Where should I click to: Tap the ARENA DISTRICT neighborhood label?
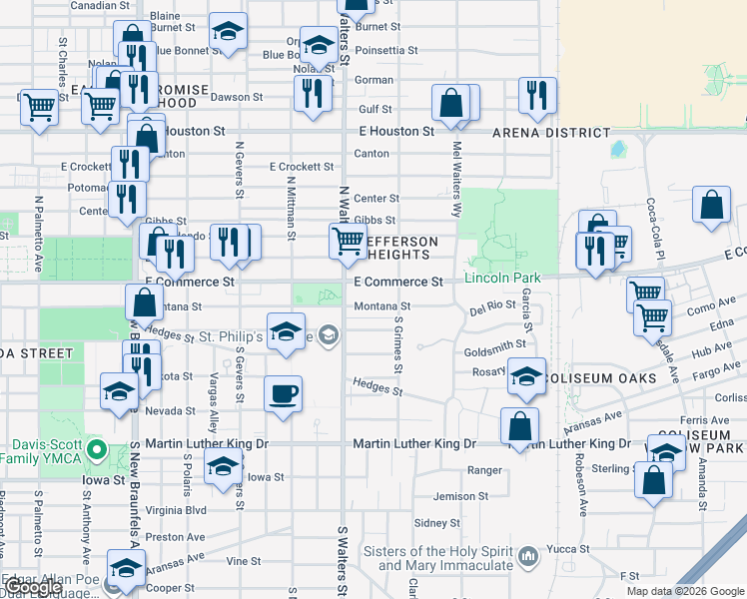pyautogui.click(x=551, y=132)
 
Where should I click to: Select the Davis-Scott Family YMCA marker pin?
pyautogui.click(x=96, y=450)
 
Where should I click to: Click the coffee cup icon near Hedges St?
pyautogui.click(x=283, y=392)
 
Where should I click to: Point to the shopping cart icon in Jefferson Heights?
pyautogui.click(x=348, y=241)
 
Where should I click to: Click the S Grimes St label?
pyautogui.click(x=397, y=345)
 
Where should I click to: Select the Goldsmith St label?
pyautogui.click(x=494, y=344)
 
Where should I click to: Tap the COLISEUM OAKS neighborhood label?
pyautogui.click(x=615, y=378)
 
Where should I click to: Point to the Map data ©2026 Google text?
pyautogui.click(x=685, y=591)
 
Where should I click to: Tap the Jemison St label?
pyautogui.click(x=460, y=496)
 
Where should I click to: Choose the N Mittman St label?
pyautogui.click(x=291, y=209)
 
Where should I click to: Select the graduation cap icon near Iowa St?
pyautogui.click(x=223, y=465)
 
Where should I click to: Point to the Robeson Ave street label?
pyautogui.click(x=580, y=485)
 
